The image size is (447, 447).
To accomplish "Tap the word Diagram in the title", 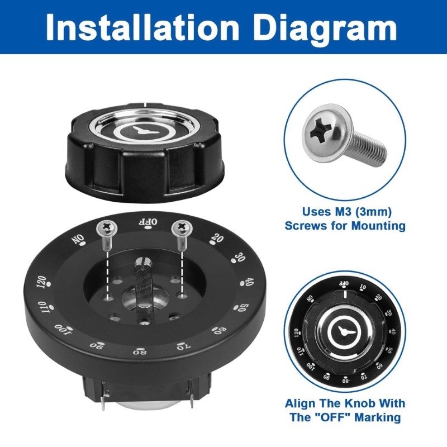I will click(325, 26).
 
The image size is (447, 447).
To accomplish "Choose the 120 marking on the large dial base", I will click(41, 283).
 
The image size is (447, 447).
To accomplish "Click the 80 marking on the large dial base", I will click(139, 352).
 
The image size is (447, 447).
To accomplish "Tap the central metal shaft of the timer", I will click(142, 282).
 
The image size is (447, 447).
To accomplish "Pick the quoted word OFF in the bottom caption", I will click(362, 417).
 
